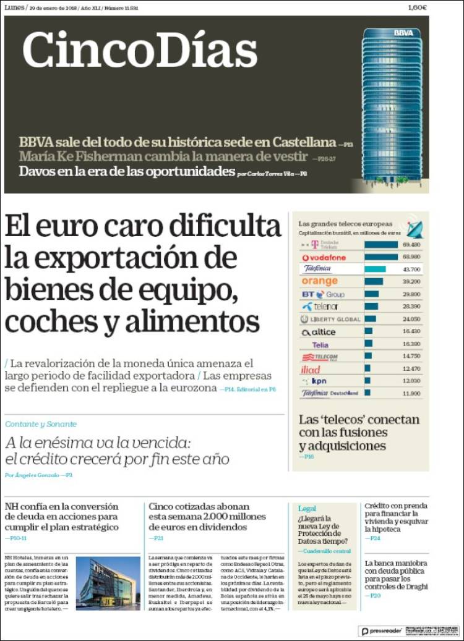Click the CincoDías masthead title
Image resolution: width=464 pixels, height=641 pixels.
[140, 49]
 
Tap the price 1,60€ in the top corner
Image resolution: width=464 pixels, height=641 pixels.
[418, 7]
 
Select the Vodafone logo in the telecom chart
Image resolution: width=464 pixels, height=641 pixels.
[324, 257]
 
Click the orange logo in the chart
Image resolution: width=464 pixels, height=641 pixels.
[320, 281]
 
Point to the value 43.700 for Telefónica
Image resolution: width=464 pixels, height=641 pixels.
[411, 270]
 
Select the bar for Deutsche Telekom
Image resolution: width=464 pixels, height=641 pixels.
[381, 245]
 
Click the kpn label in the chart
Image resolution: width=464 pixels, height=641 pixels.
[319, 381]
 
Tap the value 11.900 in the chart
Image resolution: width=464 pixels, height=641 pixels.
[411, 393]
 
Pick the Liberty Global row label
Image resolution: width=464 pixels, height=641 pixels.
[330, 319]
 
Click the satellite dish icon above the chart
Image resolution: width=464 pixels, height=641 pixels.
[413, 229]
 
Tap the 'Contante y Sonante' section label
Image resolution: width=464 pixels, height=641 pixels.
[41, 424]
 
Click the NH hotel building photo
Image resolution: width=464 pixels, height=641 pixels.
[108, 584]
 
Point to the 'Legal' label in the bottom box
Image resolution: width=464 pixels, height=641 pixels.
[307, 508]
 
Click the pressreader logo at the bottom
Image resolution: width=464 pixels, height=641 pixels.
[381, 631]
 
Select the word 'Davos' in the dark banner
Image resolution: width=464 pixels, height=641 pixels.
[37, 172]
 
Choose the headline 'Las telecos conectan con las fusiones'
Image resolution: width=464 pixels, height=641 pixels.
[359, 433]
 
